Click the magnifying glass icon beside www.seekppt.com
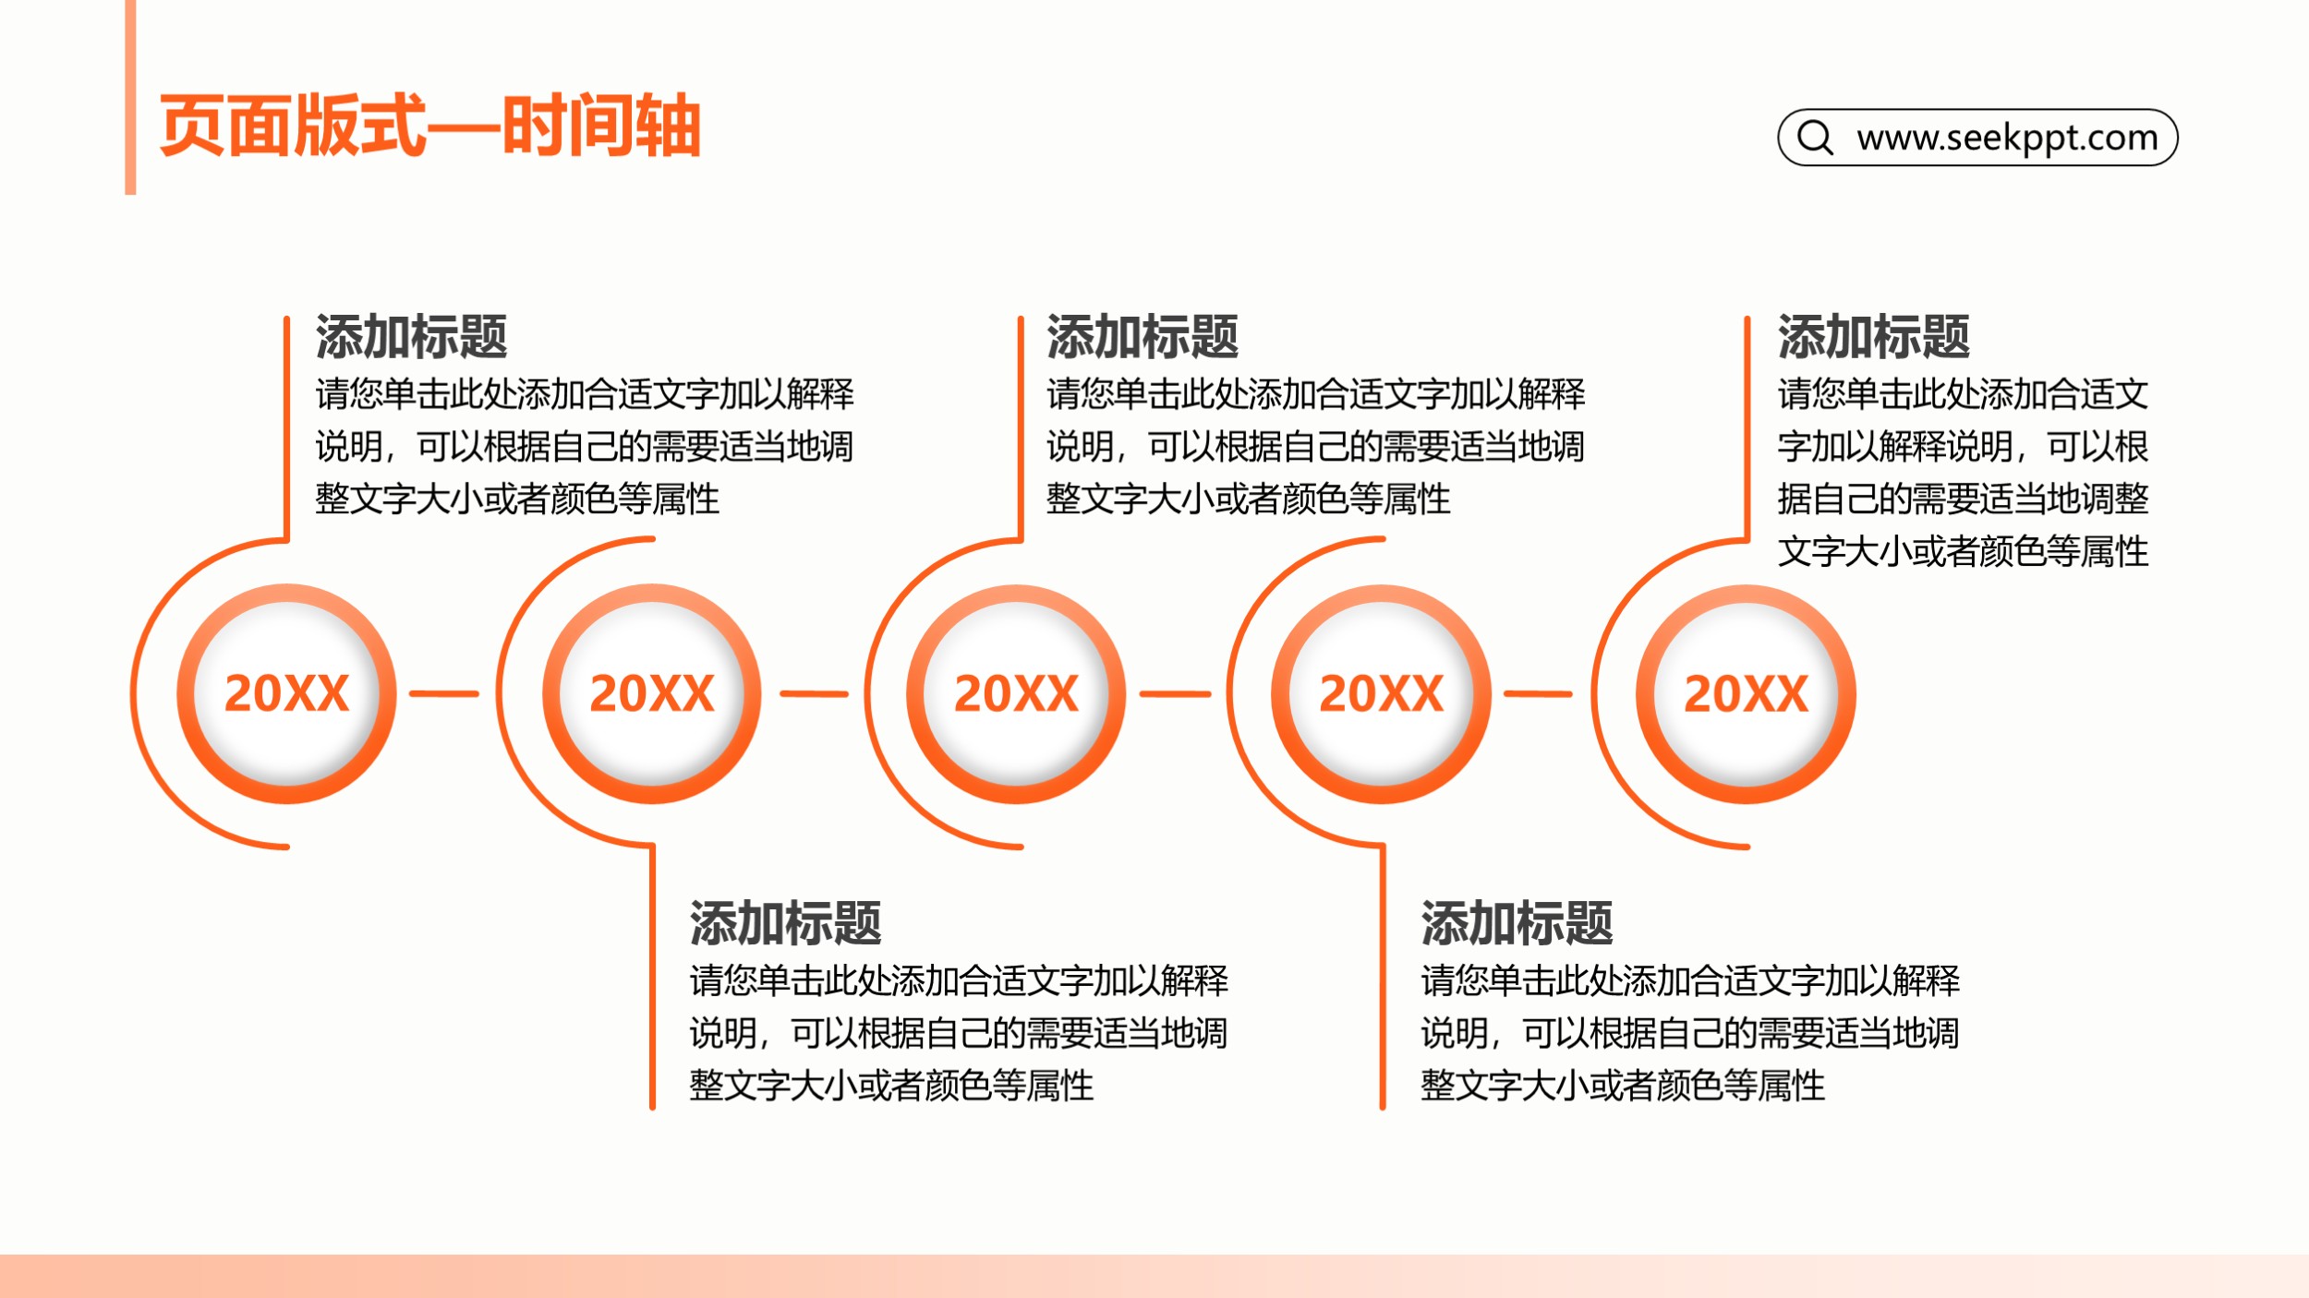[1815, 138]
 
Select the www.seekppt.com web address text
[2007, 138]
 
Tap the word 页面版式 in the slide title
[293, 126]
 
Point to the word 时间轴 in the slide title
[601, 126]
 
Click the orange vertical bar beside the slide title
[130, 97]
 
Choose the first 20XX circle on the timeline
[286, 693]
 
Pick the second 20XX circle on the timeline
[652, 693]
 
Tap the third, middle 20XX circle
[1016, 693]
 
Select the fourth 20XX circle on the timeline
[1381, 693]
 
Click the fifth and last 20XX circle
[1746, 693]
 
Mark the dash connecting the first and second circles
[444, 693]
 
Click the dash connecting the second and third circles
[814, 693]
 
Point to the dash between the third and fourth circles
[1175, 693]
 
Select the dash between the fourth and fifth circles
[1538, 693]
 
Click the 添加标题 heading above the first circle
[411, 336]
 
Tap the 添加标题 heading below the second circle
[785, 922]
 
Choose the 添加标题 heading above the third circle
[1142, 336]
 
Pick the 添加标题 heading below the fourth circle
[1517, 922]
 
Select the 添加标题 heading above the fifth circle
[1874, 336]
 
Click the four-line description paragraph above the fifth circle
[1964, 473]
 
